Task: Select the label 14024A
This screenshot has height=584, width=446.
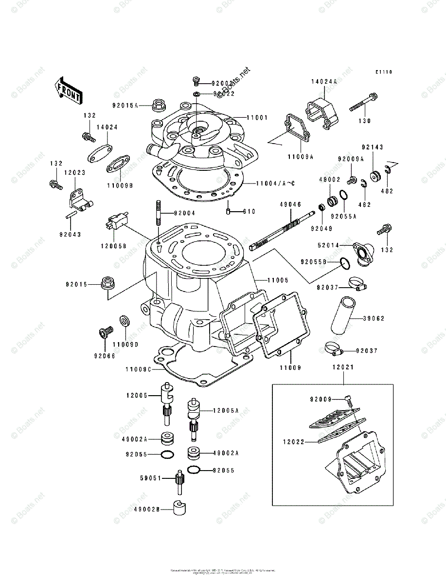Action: point(324,82)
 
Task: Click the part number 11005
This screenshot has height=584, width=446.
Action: point(277,280)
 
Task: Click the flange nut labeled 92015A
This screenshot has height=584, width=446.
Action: point(158,104)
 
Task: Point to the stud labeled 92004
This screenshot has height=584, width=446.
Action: point(159,213)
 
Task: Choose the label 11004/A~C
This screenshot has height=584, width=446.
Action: point(269,183)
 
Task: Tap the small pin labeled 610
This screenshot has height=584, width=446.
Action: point(228,211)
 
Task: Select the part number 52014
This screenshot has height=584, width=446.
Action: point(327,245)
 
